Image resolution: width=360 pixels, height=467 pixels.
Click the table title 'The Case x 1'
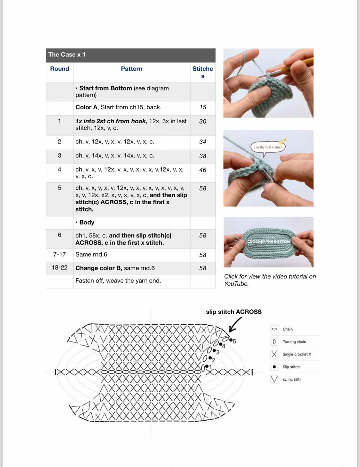(x=67, y=55)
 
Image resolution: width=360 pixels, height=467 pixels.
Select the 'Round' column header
(x=60, y=69)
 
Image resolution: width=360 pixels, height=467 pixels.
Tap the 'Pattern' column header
(x=131, y=69)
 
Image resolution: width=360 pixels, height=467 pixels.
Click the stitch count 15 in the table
(x=203, y=107)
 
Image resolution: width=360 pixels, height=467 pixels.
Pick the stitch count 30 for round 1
(x=203, y=122)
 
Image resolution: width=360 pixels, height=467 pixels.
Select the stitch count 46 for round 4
(x=203, y=170)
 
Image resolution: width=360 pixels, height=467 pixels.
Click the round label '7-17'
(x=60, y=254)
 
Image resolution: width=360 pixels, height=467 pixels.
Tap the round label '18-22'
(x=60, y=268)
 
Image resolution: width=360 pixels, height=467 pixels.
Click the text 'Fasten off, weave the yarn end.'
(x=118, y=281)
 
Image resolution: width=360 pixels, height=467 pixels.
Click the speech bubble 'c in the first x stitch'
(x=268, y=147)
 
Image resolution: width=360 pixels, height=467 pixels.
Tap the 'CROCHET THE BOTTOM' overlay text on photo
(x=268, y=241)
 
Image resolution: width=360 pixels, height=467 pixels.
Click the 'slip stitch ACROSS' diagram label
(x=234, y=312)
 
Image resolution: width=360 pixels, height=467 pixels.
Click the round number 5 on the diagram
(x=234, y=341)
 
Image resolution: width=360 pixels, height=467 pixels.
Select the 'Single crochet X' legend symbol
(x=274, y=354)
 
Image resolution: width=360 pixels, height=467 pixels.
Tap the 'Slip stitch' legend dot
(x=274, y=367)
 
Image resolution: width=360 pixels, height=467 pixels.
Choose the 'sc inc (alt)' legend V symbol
(x=274, y=379)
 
